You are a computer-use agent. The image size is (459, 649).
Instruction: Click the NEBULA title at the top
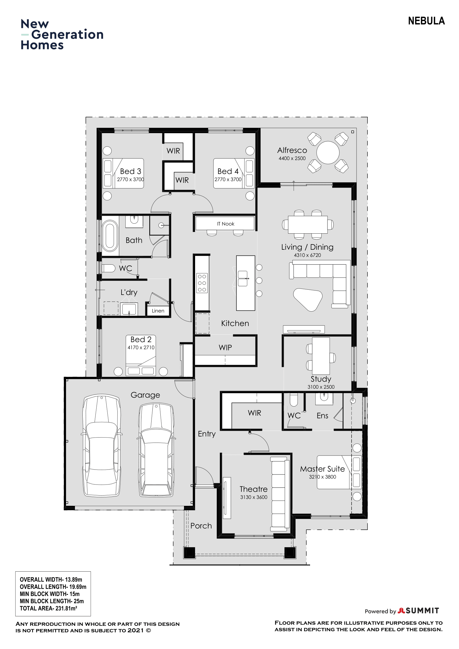click(x=426, y=21)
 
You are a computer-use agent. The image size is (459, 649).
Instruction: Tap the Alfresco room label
click(x=292, y=150)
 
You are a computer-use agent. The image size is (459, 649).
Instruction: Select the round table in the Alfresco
click(x=328, y=153)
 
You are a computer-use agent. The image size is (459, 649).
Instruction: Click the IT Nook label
click(x=226, y=224)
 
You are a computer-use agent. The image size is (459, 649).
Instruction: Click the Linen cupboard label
click(x=158, y=311)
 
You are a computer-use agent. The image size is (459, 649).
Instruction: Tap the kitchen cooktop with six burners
click(x=202, y=283)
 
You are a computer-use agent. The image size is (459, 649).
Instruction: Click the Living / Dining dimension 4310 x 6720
click(x=307, y=255)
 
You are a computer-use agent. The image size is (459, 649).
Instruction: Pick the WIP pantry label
click(x=225, y=347)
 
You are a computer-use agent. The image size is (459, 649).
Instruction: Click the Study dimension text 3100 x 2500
click(x=321, y=387)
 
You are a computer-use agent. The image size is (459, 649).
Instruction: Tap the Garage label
click(x=145, y=395)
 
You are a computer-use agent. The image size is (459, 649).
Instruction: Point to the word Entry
click(x=207, y=434)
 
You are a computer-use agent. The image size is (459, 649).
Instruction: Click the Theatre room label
click(x=254, y=489)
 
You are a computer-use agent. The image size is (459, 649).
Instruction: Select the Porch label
click(x=201, y=526)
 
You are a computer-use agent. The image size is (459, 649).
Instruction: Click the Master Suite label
click(x=322, y=469)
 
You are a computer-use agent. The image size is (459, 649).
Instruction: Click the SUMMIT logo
click(x=418, y=610)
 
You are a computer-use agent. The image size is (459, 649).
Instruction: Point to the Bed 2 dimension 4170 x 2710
click(x=141, y=347)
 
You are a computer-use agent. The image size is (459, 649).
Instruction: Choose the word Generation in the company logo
click(x=67, y=34)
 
